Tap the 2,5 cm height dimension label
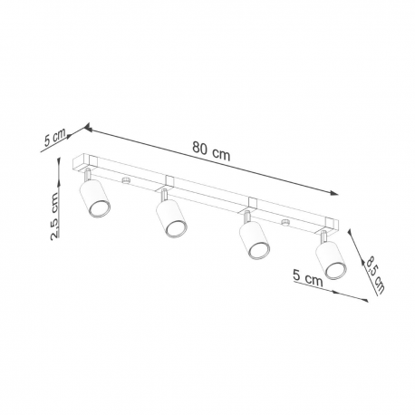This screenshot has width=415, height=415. [55, 216]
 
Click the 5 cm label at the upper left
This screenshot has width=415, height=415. [54, 138]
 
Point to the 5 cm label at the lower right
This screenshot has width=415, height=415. [308, 278]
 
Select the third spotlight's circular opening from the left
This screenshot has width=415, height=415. [259, 250]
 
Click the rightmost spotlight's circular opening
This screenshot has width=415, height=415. [336, 270]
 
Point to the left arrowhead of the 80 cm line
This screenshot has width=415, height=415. [88, 128]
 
